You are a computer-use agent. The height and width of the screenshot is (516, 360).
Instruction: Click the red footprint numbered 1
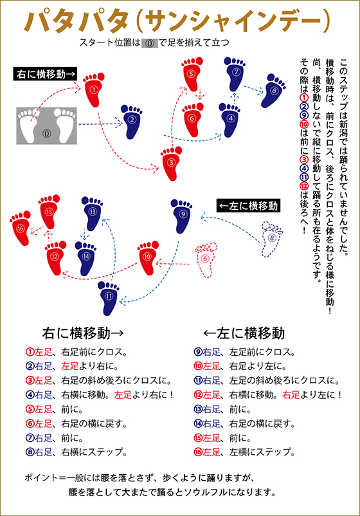click(94, 90)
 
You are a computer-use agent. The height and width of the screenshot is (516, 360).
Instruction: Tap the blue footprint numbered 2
click(132, 121)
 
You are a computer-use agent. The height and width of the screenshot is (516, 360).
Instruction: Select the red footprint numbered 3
click(172, 163)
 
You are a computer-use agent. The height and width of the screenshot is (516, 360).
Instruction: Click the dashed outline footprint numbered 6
click(206, 260)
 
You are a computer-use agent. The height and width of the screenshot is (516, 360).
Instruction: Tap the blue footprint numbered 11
click(109, 297)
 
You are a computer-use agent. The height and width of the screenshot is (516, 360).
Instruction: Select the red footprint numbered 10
click(148, 257)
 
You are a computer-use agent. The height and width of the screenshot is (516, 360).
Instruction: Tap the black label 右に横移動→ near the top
click(46, 74)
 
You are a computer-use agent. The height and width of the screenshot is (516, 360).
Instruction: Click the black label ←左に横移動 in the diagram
click(248, 206)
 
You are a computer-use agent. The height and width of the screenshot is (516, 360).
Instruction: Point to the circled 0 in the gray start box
click(47, 133)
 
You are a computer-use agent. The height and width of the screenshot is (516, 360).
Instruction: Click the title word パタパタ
click(76, 21)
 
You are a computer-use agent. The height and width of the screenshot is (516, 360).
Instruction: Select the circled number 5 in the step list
click(30, 409)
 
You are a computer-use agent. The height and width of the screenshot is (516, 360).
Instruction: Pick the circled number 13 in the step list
click(198, 409)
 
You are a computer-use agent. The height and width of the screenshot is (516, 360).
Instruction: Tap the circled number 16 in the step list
click(198, 452)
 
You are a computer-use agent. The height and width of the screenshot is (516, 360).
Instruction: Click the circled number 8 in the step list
click(30, 452)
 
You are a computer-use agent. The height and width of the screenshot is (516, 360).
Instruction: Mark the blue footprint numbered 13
click(92, 213)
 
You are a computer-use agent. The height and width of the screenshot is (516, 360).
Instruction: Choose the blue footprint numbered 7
click(235, 74)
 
